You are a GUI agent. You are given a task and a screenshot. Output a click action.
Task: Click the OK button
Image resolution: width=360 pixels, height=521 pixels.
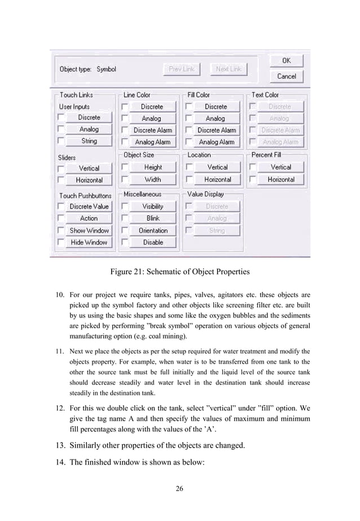[x=287, y=60]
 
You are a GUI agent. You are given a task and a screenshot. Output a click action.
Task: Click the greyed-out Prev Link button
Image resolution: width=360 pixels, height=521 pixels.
[x=181, y=69]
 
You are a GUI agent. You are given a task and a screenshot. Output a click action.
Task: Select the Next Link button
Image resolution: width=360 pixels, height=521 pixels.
[x=229, y=69]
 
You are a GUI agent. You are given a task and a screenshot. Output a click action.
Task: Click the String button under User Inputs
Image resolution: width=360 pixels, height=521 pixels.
[x=89, y=142]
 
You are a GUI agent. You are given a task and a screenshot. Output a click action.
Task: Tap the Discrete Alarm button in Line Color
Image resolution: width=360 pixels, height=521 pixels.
[x=152, y=130]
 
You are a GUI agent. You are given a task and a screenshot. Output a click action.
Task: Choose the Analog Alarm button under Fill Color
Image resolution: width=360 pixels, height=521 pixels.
[x=216, y=142]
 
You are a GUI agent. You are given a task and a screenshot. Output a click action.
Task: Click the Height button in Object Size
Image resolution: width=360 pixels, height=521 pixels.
[x=152, y=167]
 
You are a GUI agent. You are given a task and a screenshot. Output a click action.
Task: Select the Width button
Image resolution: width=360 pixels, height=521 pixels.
[x=152, y=180]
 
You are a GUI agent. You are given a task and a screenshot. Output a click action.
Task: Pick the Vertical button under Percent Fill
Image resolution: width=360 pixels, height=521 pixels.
[x=280, y=167]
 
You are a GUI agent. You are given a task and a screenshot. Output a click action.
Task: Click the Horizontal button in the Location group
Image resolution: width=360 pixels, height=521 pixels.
[x=217, y=180]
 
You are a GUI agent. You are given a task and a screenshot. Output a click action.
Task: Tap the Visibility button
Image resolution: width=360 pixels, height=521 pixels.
[x=152, y=206]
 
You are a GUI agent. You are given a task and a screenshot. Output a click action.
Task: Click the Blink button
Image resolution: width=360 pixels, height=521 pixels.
[x=152, y=218]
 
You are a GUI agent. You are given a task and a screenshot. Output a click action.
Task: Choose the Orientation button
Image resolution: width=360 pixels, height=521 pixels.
[x=152, y=231]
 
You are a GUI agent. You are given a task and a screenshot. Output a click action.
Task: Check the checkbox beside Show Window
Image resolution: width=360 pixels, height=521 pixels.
[x=60, y=231]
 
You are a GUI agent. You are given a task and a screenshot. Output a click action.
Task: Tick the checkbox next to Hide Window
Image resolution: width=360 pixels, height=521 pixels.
[x=60, y=242]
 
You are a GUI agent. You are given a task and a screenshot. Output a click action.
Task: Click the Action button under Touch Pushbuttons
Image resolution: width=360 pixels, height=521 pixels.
[x=89, y=218]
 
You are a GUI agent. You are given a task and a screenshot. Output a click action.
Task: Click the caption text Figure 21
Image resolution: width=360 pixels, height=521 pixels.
[x=179, y=272]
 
